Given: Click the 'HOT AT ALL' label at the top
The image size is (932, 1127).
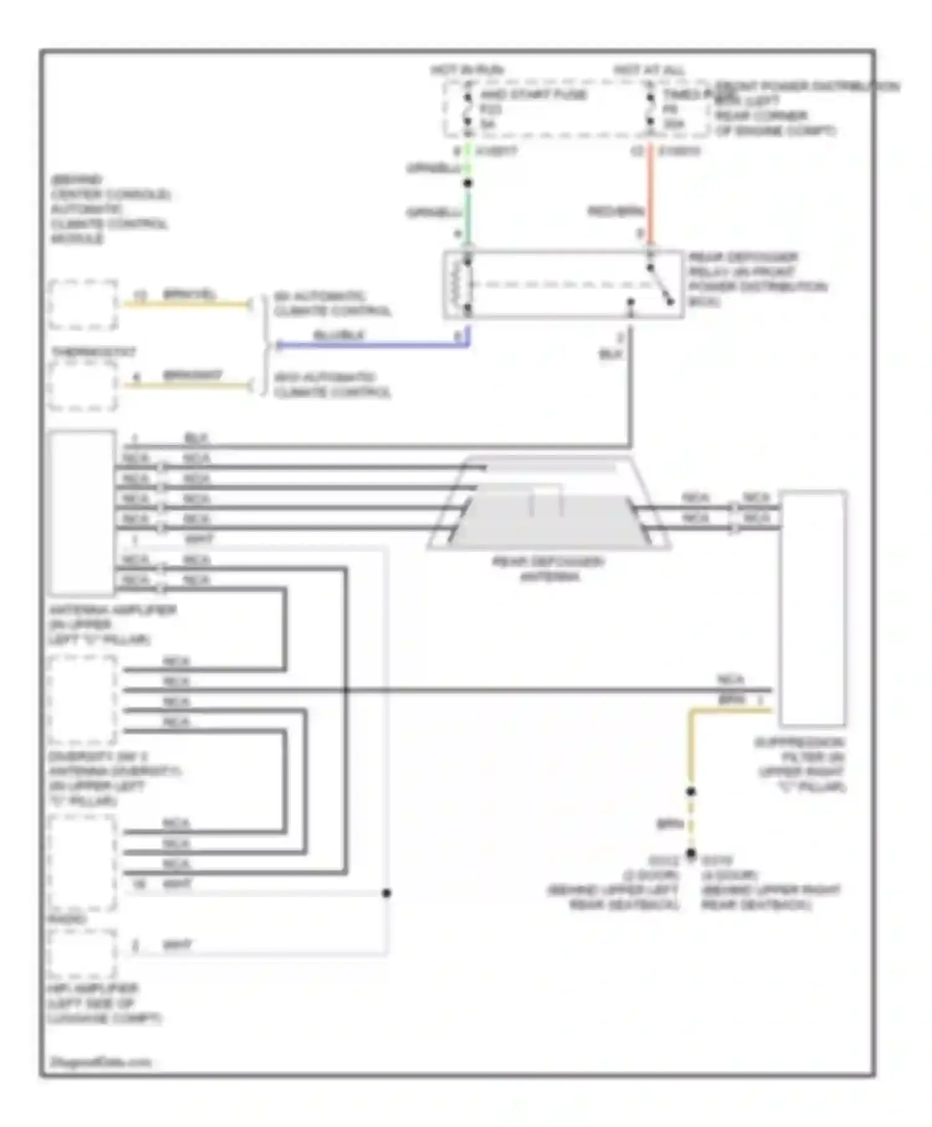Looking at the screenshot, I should [649, 70].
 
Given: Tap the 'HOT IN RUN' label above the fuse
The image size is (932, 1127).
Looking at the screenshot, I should [467, 70].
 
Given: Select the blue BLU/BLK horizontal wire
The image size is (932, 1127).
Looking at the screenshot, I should [373, 344].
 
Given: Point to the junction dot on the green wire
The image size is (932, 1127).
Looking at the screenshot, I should [468, 183].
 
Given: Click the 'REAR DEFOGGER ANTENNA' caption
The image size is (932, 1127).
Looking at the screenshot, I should [548, 569].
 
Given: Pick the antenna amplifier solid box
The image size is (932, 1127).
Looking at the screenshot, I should [83, 512].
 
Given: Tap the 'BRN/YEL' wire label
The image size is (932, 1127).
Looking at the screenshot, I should [189, 294].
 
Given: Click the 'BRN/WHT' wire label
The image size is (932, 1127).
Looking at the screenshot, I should [192, 375].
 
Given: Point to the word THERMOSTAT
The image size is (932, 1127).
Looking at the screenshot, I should [93, 352].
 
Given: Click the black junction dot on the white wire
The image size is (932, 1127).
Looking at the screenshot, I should [386, 893].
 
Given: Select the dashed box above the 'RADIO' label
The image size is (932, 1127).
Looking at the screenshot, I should [83, 863].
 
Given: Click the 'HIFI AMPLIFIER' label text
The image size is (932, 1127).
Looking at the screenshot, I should [93, 988].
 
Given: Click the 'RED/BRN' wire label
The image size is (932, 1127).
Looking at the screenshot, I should [615, 212].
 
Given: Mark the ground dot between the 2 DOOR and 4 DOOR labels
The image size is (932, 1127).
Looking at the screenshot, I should [690, 853].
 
